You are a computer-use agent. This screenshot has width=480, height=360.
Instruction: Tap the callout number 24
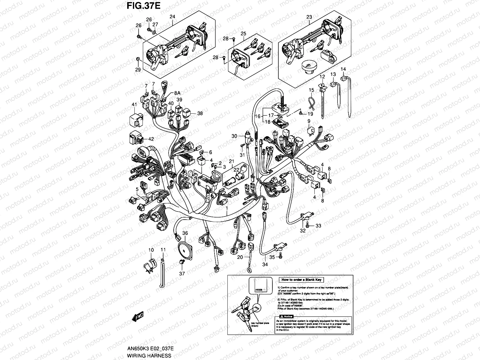pyautogui.click(x=172, y=17)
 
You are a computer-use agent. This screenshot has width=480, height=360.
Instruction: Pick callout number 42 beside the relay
pyautogui.click(x=151, y=139)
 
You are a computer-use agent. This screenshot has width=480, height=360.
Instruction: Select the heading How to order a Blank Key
pyautogui.click(x=301, y=280)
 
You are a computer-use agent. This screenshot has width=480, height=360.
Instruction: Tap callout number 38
pyautogui.click(x=200, y=114)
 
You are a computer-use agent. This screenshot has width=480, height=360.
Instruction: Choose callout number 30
pyautogui.click(x=234, y=136)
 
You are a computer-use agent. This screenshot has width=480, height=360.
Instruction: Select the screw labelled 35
pyautogui.click(x=280, y=255)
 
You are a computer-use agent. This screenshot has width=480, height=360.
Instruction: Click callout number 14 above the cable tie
pyautogui.click(x=343, y=69)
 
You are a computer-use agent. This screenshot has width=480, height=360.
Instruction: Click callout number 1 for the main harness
pyautogui.click(x=227, y=208)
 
